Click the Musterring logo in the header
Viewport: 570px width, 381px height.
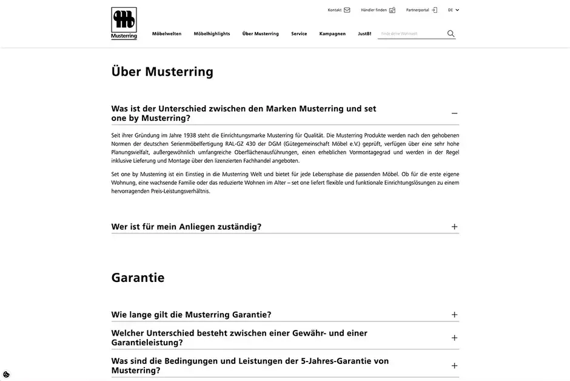point(124,23)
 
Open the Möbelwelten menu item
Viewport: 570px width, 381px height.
point(167,34)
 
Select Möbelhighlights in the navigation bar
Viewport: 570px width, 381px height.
point(212,34)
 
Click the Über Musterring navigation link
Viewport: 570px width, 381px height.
point(260,34)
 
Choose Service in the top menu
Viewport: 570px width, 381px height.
point(299,34)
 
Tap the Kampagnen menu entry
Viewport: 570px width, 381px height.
point(332,34)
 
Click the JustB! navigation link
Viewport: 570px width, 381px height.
point(364,34)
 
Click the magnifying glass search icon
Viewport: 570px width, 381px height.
point(451,34)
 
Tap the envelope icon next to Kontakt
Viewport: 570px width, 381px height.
point(347,10)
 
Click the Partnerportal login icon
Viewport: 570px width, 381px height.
point(434,10)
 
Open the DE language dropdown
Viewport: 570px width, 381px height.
point(454,10)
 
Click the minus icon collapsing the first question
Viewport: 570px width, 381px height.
point(454,114)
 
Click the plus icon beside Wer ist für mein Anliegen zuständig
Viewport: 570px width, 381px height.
point(454,227)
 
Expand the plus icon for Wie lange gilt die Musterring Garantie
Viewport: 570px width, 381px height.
point(454,315)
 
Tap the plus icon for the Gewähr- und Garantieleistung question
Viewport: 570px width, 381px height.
point(454,338)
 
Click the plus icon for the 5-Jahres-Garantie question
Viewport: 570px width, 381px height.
point(454,366)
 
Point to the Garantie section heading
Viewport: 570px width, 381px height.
point(138,278)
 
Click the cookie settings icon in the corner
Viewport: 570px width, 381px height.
point(6,374)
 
